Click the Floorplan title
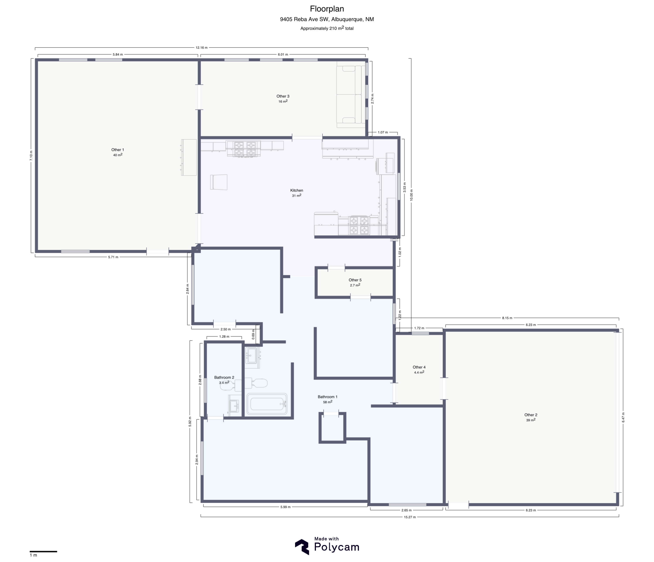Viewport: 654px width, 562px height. click(327, 9)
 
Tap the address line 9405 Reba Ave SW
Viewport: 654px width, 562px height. click(327, 19)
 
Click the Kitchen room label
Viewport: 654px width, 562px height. click(296, 190)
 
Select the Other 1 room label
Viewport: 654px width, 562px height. click(118, 150)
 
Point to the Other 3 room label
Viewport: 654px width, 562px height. click(283, 96)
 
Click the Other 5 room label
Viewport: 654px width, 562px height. click(355, 280)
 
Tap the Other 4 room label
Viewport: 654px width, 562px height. click(419, 367)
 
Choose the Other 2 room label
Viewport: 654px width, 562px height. click(531, 415)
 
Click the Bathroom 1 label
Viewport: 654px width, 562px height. click(328, 397)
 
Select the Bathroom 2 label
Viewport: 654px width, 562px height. click(224, 377)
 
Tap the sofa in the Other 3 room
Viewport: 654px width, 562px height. click(351, 95)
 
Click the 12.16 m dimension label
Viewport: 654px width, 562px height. click(202, 48)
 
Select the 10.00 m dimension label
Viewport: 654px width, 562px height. click(411, 195)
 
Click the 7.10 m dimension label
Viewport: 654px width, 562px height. click(31, 156)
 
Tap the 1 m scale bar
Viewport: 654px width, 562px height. click(43, 552)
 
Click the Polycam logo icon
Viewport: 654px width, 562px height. click(302, 547)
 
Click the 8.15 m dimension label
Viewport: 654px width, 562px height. click(507, 318)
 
